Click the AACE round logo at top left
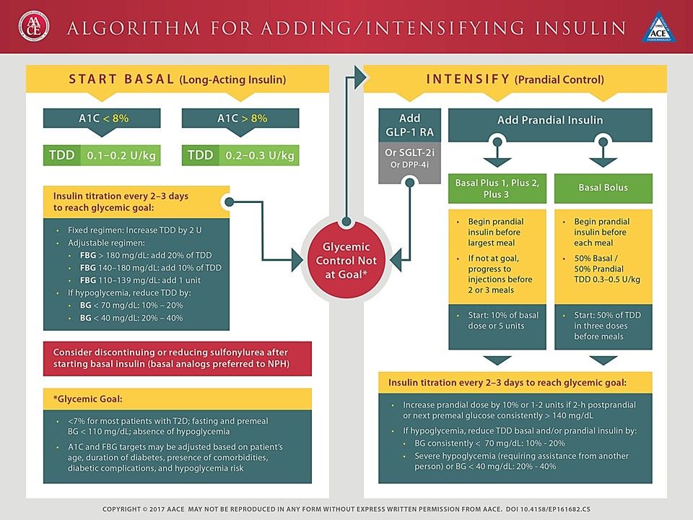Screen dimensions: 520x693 click(x=31, y=27)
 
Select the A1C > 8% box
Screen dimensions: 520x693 click(x=240, y=118)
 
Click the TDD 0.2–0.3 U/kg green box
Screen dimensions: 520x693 click(x=240, y=155)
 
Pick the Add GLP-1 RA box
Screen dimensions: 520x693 click(x=409, y=125)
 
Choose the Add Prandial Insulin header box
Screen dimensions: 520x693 click(x=550, y=121)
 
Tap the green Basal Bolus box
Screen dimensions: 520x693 click(x=603, y=188)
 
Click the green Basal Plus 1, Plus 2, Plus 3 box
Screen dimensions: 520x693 click(x=497, y=188)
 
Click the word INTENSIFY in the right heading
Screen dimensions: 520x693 click(x=468, y=79)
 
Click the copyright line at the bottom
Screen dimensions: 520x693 click(x=346, y=509)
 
